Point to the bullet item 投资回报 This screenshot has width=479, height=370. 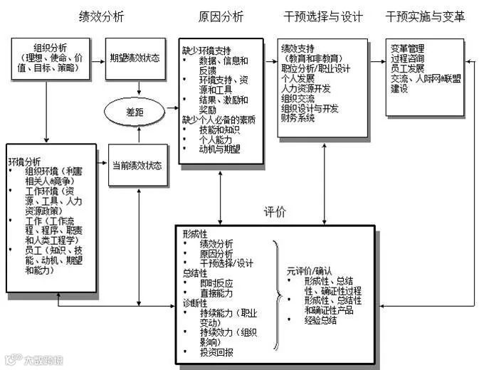pyautogui.click(x=219, y=352)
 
